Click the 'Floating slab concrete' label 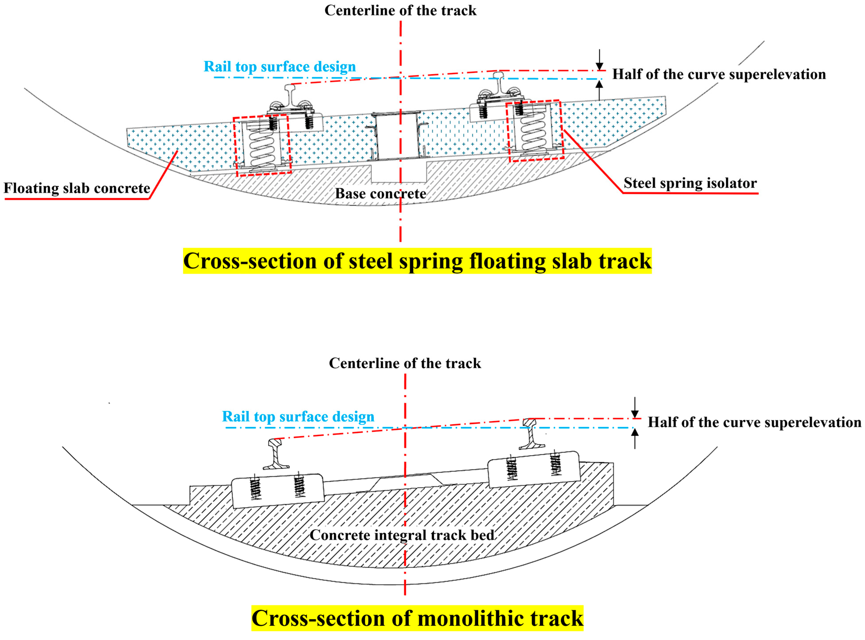pyautogui.click(x=77, y=188)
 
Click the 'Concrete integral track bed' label pyautogui.click(x=402, y=535)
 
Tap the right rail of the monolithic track pyautogui.click(x=529, y=434)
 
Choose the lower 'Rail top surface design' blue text pyautogui.click(x=298, y=416)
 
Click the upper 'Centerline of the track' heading pyautogui.click(x=400, y=10)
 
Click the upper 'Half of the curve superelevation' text pyautogui.click(x=719, y=74)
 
